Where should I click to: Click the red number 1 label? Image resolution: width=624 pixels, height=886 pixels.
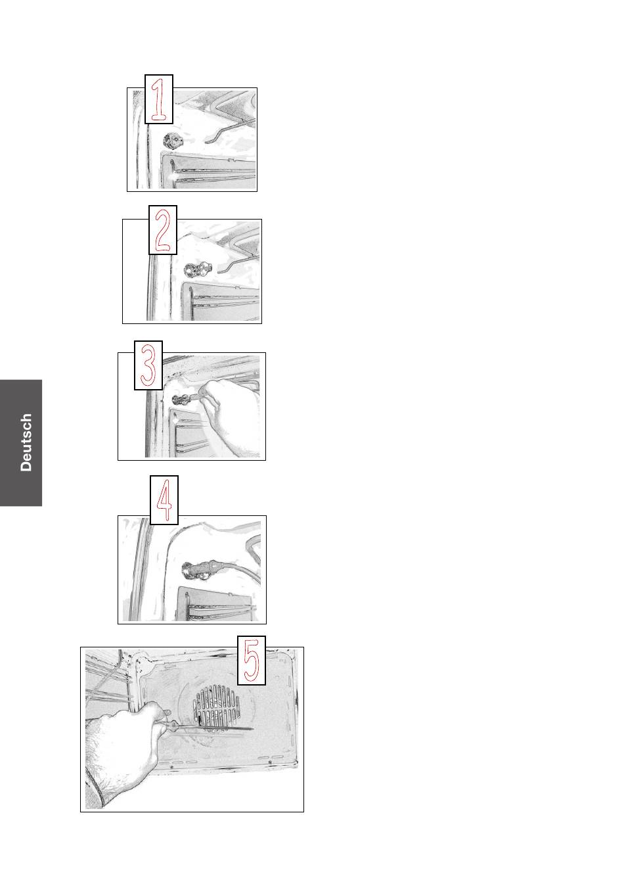(x=159, y=99)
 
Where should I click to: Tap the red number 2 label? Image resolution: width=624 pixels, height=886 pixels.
(x=163, y=230)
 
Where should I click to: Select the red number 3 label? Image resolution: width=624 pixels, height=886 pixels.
(x=148, y=365)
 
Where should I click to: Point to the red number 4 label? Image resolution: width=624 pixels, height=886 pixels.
(x=164, y=500)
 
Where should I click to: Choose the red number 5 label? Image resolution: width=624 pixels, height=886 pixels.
(x=252, y=661)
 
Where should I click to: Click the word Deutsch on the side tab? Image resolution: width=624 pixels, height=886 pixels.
(x=26, y=442)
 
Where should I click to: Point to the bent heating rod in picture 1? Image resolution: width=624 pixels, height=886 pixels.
(x=230, y=131)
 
